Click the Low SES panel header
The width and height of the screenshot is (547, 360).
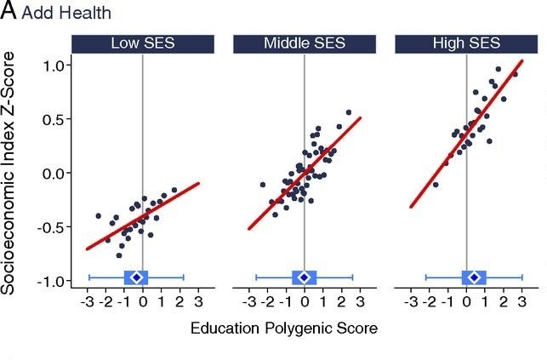click(x=143, y=44)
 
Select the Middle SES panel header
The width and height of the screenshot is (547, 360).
click(x=305, y=44)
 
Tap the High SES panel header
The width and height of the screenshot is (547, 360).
click(x=466, y=44)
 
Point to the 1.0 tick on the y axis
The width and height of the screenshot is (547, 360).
click(x=54, y=66)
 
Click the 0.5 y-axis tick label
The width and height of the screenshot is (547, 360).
click(x=54, y=120)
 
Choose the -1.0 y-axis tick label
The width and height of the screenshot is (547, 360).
click(x=53, y=281)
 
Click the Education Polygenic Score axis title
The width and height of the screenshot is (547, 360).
click(x=284, y=329)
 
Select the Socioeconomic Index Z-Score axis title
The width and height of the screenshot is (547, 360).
click(x=8, y=174)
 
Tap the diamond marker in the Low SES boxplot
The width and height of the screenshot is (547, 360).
click(x=137, y=277)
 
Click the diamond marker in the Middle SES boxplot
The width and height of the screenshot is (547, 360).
click(x=305, y=277)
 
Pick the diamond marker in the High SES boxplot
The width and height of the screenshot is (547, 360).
click(x=474, y=277)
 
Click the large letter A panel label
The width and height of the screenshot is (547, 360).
click(x=9, y=11)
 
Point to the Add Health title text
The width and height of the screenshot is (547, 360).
click(x=66, y=13)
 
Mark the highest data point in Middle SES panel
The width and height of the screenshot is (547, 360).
click(x=349, y=112)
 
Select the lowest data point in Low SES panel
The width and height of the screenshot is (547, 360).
click(x=119, y=255)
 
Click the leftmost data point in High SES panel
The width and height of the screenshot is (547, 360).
click(x=436, y=185)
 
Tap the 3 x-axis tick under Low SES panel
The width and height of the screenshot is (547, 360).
click(x=198, y=302)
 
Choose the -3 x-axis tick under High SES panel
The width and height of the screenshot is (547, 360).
click(x=411, y=302)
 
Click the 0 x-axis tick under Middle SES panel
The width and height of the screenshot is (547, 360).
click(x=305, y=302)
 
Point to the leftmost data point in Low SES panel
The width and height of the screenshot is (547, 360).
click(x=99, y=216)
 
